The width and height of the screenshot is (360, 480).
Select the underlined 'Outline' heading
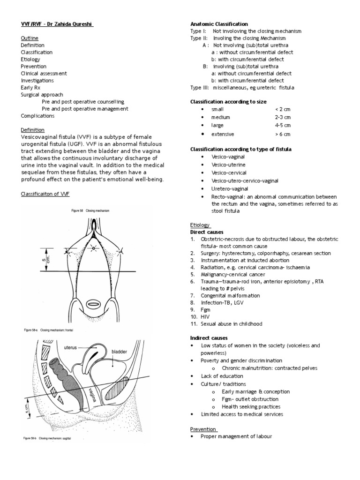click(x=30, y=38)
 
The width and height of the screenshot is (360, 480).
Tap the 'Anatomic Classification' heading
click(x=219, y=24)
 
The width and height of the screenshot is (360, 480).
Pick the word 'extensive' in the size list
click(x=222, y=134)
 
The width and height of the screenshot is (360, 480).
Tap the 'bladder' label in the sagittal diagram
click(x=119, y=351)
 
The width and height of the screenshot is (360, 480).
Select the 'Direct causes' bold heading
click(x=207, y=232)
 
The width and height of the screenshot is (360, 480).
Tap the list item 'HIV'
click(x=205, y=317)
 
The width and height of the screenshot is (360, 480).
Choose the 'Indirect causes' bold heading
click(x=209, y=338)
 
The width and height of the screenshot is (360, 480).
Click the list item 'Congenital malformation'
click(x=231, y=296)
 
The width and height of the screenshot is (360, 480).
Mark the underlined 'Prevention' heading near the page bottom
click(x=203, y=429)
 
